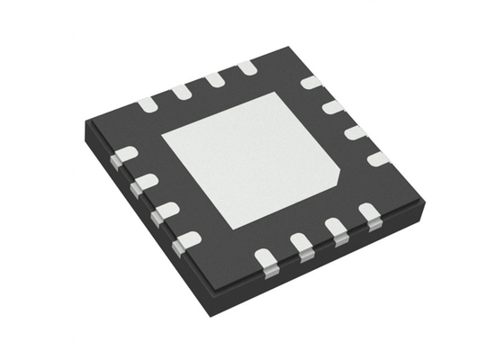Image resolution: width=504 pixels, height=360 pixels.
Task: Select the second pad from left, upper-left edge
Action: (x=181, y=91)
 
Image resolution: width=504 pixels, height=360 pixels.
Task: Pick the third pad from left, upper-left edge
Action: (x=214, y=79)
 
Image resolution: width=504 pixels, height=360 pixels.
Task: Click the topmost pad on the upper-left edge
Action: (x=247, y=67)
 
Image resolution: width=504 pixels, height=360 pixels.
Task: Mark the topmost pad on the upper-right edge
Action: (x=310, y=83)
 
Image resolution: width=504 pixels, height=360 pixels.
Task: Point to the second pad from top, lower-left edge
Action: (x=142, y=184)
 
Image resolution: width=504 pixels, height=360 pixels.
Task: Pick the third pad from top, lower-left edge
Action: (x=163, y=212)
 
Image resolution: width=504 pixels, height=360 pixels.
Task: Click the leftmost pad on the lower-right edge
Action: (x=267, y=259)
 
